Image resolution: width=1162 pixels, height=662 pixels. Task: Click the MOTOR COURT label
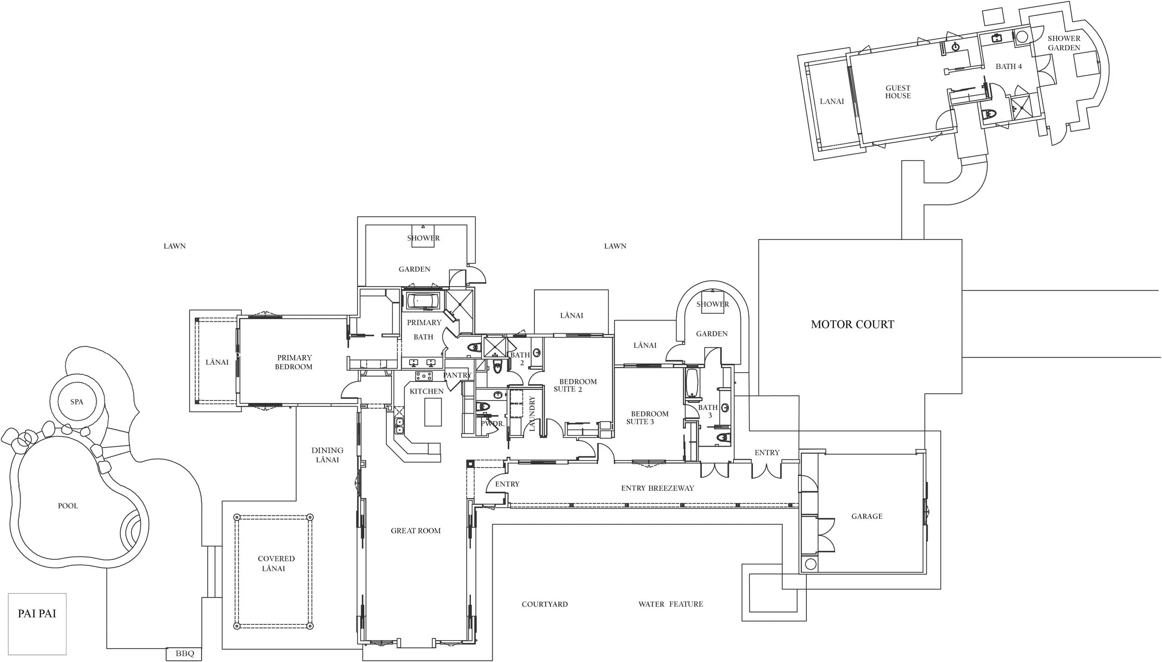pyautogui.click(x=852, y=325)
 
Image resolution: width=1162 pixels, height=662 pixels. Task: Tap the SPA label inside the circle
pyautogui.click(x=77, y=402)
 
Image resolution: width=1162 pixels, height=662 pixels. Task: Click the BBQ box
pyautogui.click(x=185, y=654)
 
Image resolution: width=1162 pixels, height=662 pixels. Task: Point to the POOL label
pyautogui.click(x=68, y=506)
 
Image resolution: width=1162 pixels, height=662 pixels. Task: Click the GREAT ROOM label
pyautogui.click(x=416, y=530)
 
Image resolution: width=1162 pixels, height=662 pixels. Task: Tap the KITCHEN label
pyautogui.click(x=426, y=391)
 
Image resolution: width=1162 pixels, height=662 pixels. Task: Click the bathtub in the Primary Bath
pyautogui.click(x=423, y=301)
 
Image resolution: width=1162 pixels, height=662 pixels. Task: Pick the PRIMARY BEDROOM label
pyautogui.click(x=294, y=362)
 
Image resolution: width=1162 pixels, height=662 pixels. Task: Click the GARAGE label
pyautogui.click(x=867, y=516)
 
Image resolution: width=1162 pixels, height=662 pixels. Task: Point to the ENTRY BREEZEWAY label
pyautogui.click(x=657, y=488)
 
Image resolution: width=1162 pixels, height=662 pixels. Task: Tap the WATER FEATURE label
pyautogui.click(x=671, y=604)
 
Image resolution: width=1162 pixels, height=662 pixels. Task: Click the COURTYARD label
pyautogui.click(x=545, y=604)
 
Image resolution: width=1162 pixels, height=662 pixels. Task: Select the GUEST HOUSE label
pyautogui.click(x=898, y=92)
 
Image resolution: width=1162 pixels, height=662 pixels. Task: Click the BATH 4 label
pyautogui.click(x=1009, y=67)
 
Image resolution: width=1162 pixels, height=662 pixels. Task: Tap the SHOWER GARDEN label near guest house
pyautogui.click(x=1064, y=43)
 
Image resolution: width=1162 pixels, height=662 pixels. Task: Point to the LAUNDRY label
pyautogui.click(x=532, y=413)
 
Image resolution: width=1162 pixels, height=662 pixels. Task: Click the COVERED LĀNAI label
pyautogui.click(x=276, y=563)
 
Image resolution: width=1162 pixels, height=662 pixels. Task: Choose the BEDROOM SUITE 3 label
pyautogui.click(x=647, y=417)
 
